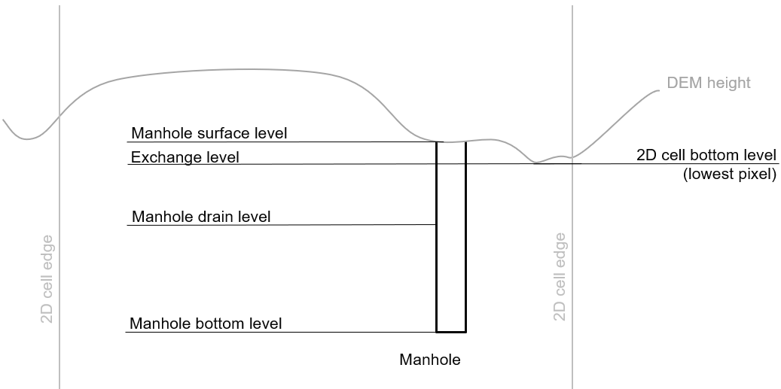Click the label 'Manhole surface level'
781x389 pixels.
point(209,133)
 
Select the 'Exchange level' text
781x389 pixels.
point(185,157)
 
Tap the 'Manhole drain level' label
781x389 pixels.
point(200,217)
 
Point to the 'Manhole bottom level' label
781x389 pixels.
point(206,324)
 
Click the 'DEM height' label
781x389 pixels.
point(708,83)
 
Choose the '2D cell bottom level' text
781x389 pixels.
point(706,156)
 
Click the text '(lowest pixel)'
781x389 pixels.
point(729,175)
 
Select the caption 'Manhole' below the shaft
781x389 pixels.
point(429,360)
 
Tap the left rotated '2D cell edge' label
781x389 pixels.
point(47,278)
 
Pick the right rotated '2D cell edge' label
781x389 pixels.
point(560,277)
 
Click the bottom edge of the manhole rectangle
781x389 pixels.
point(451,332)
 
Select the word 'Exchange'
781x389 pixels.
point(160,157)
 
